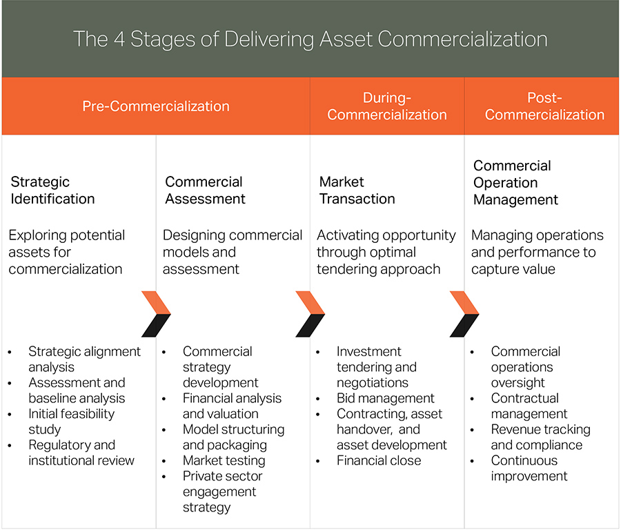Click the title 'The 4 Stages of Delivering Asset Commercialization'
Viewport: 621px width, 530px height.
(x=310, y=38)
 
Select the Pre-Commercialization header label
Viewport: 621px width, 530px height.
(x=155, y=106)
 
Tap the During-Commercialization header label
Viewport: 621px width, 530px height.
(x=387, y=106)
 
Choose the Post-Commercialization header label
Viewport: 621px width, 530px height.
(x=544, y=106)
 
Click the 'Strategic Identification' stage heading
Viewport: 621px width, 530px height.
(x=52, y=190)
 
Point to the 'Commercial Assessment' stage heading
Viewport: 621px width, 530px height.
(x=205, y=190)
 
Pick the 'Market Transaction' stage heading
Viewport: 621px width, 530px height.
(x=357, y=190)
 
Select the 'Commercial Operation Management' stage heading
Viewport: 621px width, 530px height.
(x=515, y=183)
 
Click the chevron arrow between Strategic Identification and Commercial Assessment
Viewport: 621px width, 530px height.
(x=155, y=314)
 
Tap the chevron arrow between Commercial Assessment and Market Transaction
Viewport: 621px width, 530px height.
(x=310, y=314)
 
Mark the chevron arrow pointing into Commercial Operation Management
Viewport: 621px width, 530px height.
(x=464, y=314)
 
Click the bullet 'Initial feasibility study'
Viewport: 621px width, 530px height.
(x=71, y=422)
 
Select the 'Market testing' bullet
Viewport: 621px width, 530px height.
(x=224, y=460)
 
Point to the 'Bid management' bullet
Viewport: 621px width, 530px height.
(x=385, y=398)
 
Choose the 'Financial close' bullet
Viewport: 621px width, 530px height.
(x=378, y=460)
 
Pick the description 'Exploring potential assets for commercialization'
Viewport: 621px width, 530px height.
(x=66, y=252)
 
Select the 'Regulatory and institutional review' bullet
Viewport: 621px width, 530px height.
(x=81, y=453)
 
